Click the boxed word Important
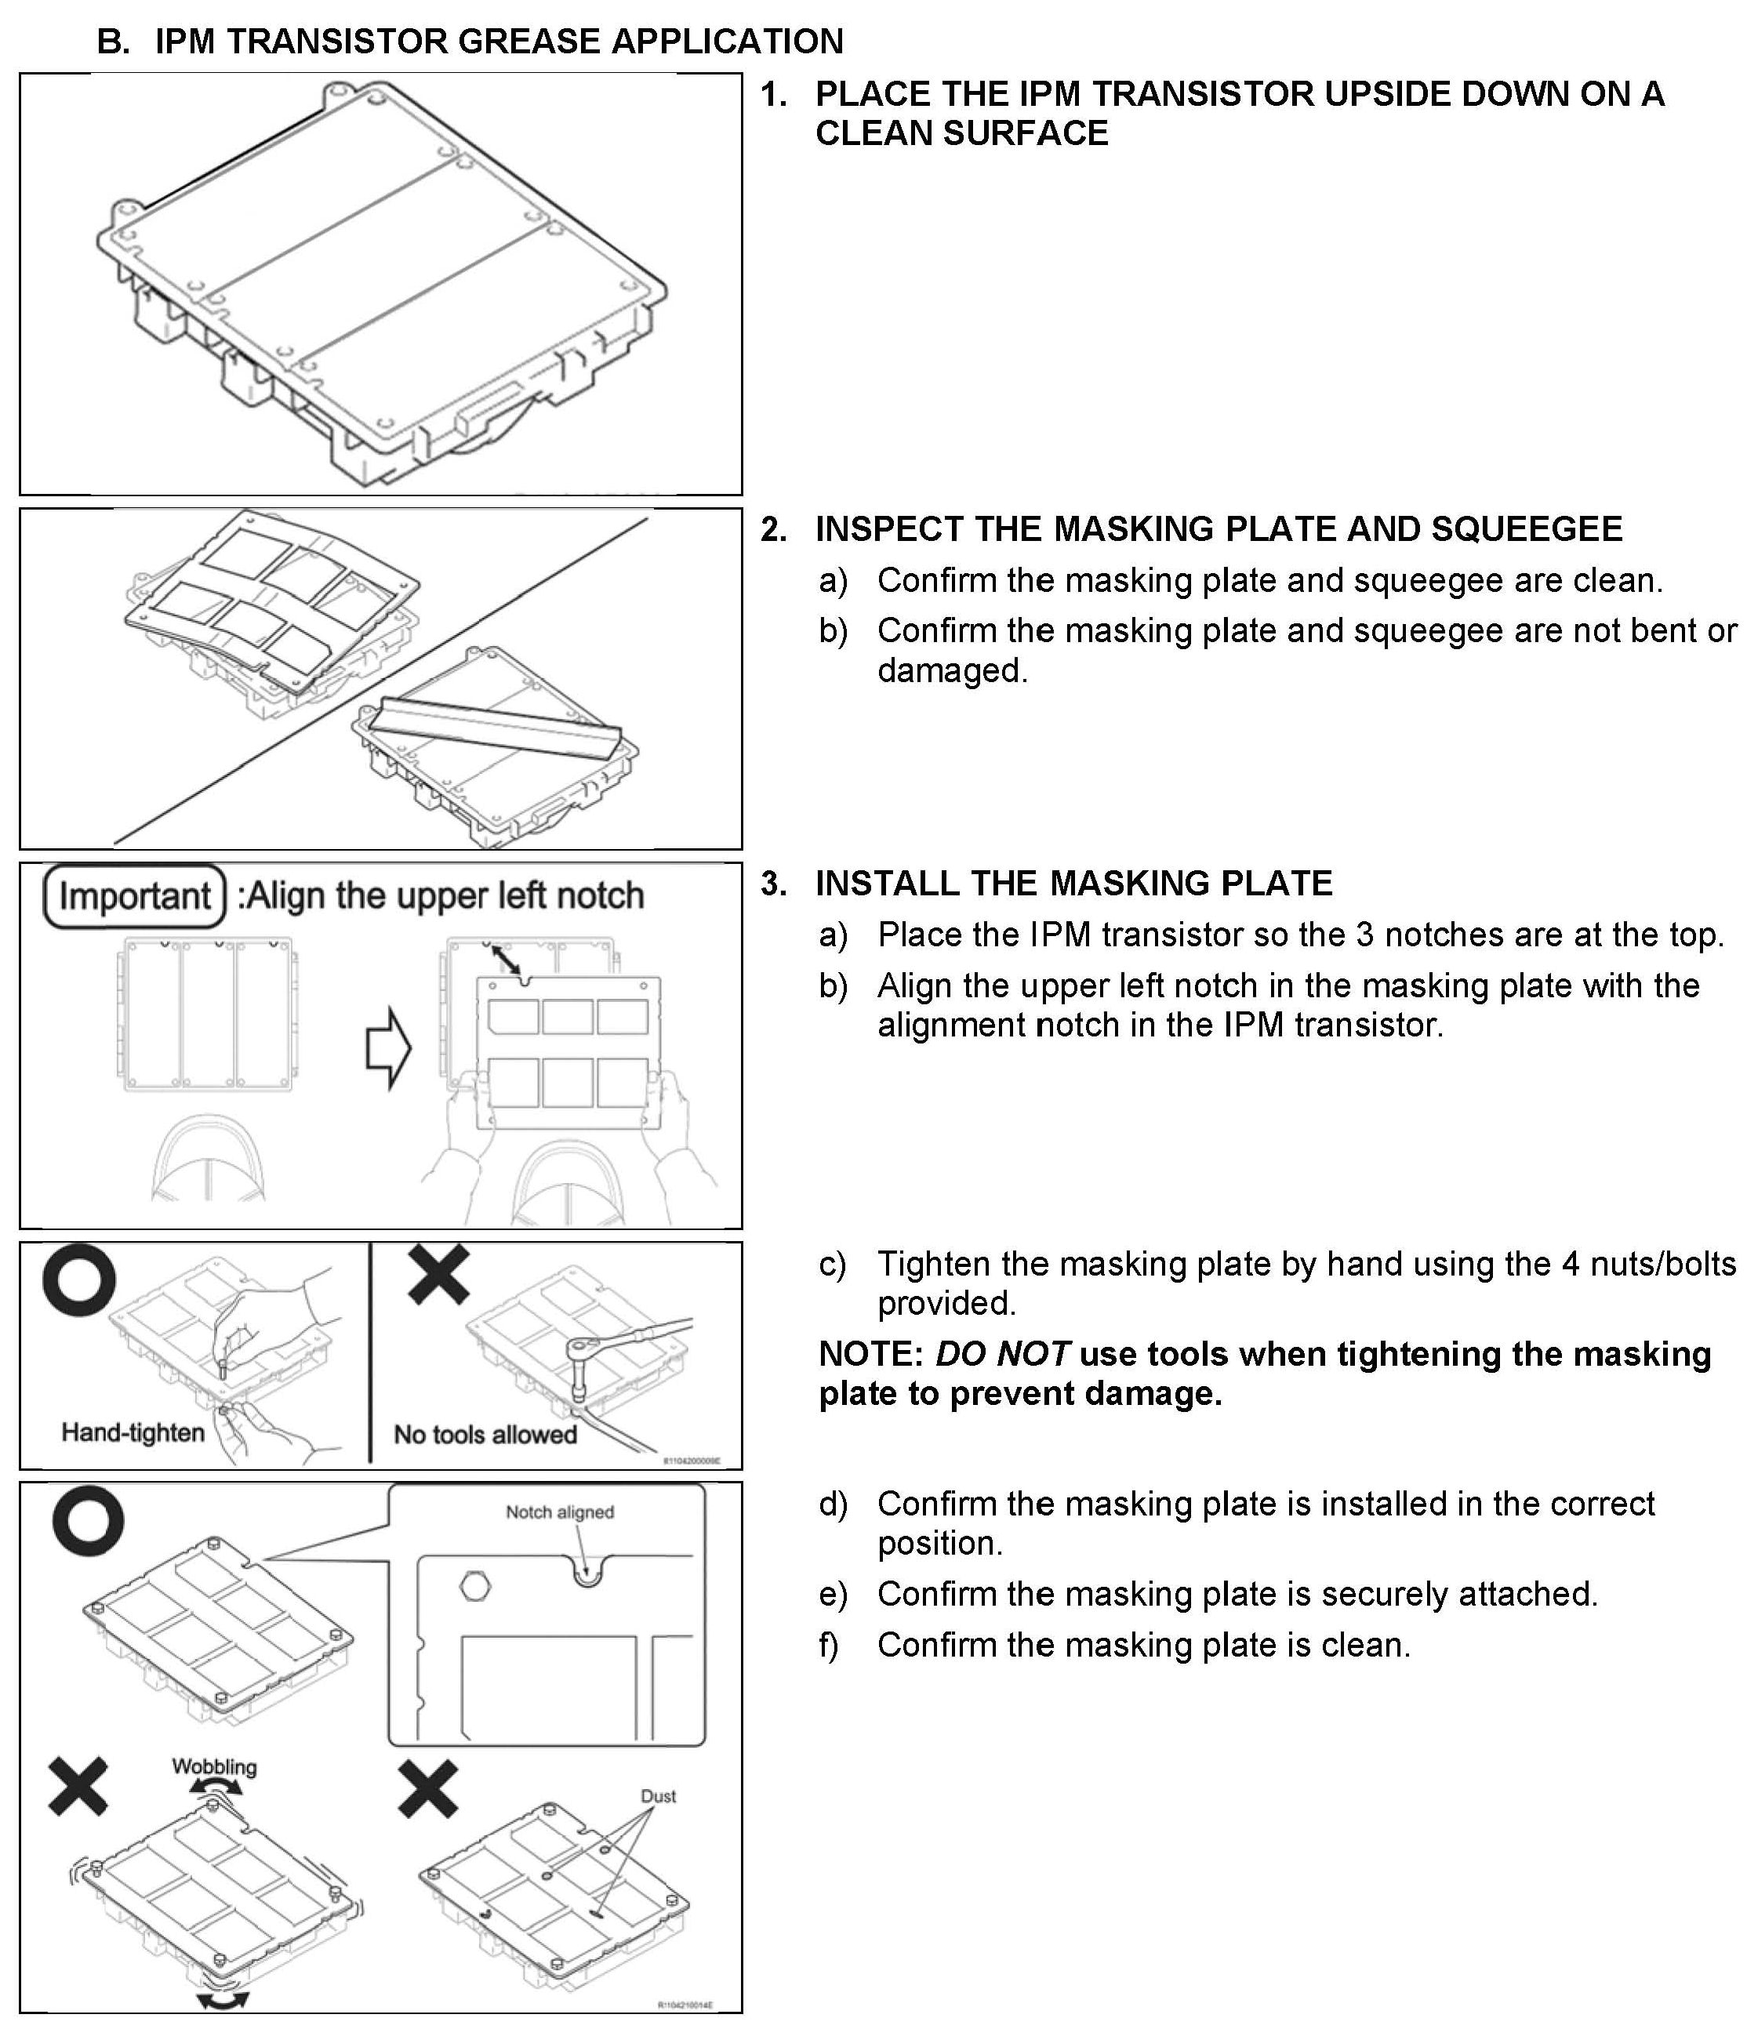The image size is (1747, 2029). (x=135, y=895)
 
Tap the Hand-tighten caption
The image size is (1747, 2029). (x=133, y=1432)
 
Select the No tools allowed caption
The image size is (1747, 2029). (x=485, y=1435)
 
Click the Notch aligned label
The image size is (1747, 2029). (x=559, y=1512)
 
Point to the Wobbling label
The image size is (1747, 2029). (x=215, y=1766)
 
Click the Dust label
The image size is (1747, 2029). (x=658, y=1796)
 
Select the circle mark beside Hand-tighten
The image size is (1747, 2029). (x=79, y=1279)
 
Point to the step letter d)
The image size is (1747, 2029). (x=834, y=1503)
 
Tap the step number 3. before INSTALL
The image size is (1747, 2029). (x=774, y=884)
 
